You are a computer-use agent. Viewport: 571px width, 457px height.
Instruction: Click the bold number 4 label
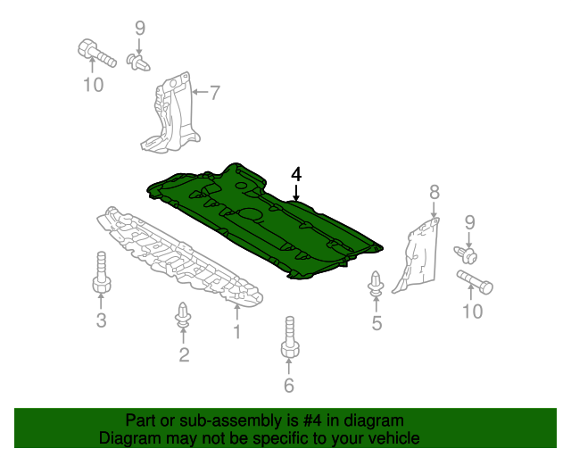coord(296,175)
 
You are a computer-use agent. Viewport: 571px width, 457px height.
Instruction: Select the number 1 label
coord(237,332)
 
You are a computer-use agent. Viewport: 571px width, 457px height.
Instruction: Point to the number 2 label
coord(184,354)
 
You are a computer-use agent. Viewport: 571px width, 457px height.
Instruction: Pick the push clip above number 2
coord(183,314)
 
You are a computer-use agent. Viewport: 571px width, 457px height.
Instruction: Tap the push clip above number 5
coord(377,284)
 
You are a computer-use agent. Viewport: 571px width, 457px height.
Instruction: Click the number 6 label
coord(289,386)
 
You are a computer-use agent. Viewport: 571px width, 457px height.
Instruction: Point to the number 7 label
coord(215,93)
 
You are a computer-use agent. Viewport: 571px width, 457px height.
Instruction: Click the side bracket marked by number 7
coord(171,113)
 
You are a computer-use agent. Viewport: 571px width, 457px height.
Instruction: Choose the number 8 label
coord(434,192)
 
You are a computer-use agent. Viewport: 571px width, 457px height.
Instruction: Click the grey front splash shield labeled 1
coord(178,257)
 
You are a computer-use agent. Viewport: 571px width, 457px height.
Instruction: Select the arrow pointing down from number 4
coord(296,193)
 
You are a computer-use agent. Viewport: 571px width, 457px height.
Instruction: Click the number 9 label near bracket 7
coord(140,28)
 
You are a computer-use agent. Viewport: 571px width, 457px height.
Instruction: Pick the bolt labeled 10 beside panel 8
coord(475,282)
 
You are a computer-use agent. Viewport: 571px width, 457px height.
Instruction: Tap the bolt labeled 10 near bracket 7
coord(96,54)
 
